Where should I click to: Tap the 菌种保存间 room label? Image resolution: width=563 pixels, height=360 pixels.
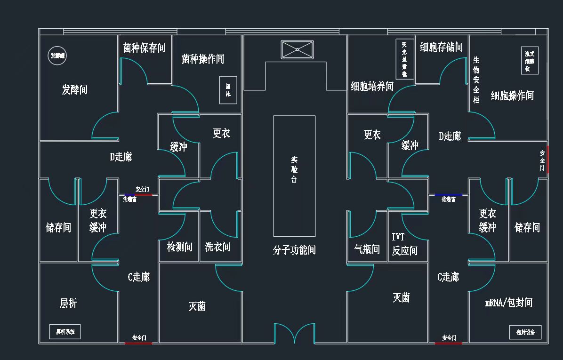click(x=144, y=48)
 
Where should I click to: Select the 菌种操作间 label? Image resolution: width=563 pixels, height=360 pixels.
click(x=202, y=59)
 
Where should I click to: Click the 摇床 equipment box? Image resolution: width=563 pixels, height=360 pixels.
click(x=228, y=90)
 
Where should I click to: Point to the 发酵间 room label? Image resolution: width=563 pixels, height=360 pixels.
click(x=74, y=89)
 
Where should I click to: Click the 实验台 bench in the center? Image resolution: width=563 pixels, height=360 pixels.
click(x=294, y=176)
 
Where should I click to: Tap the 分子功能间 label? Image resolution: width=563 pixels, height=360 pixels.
click(x=294, y=250)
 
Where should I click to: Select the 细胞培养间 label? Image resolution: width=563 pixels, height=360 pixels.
click(x=372, y=86)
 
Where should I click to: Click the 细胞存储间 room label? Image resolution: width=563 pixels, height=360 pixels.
click(x=441, y=47)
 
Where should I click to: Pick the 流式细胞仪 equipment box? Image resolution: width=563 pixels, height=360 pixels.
click(x=530, y=61)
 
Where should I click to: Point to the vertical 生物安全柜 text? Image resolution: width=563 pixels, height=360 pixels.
click(x=476, y=80)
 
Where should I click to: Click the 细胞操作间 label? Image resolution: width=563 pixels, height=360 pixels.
click(x=512, y=96)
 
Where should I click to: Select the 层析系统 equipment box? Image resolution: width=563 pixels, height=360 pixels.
click(x=65, y=331)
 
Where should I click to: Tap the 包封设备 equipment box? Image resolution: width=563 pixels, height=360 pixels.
click(x=525, y=332)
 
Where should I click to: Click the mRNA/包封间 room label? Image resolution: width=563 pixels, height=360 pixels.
click(x=508, y=303)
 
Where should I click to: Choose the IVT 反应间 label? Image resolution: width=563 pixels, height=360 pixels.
click(x=404, y=244)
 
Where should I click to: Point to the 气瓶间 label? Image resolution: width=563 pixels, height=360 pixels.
click(x=367, y=249)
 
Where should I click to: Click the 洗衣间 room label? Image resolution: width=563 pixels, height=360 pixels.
click(x=217, y=247)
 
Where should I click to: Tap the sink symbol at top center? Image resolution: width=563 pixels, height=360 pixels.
click(x=297, y=49)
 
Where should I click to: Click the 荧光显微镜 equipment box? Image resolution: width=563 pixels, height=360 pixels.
click(x=404, y=59)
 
